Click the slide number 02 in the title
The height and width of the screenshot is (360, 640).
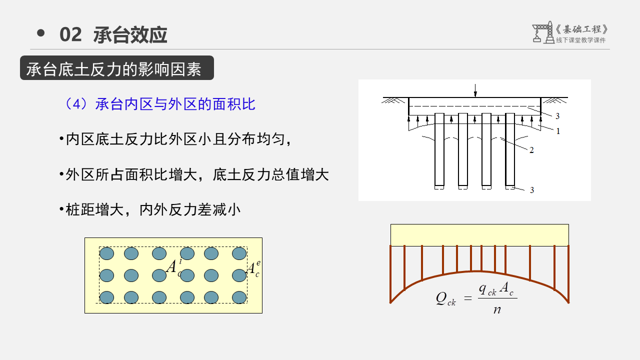tap(70, 35)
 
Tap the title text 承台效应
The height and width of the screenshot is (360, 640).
tap(130, 35)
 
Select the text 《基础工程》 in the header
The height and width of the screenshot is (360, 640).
tap(582, 29)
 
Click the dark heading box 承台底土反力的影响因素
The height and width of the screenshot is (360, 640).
tap(117, 68)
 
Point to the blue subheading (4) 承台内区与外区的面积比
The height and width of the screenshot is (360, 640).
tap(160, 104)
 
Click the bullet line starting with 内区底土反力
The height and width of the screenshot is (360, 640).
tap(175, 139)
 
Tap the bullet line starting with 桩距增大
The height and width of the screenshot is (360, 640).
tap(150, 209)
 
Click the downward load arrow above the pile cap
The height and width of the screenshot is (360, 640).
tap(475, 90)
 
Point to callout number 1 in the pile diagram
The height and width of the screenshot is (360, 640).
tap(558, 131)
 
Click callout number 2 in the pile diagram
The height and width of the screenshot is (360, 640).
tap(531, 150)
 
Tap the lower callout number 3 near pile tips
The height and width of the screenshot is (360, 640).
tap(532, 190)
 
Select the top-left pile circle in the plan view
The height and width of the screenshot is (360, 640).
tap(107, 253)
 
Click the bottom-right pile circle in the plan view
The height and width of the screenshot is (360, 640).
tap(239, 297)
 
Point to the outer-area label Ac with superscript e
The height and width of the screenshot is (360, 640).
tap(253, 269)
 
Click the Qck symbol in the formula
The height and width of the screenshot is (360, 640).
tap(445, 298)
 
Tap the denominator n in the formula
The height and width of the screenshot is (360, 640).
tap(497, 309)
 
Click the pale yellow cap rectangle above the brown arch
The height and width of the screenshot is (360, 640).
tap(479, 235)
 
